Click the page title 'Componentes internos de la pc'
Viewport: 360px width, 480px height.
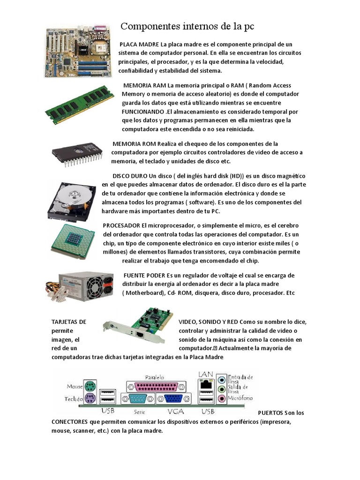187,26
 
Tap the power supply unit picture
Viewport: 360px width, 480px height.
80,287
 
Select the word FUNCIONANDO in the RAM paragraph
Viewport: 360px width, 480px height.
143,112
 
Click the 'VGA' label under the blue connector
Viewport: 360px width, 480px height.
174,412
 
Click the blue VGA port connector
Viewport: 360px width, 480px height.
174,399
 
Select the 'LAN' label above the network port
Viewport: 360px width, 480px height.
206,374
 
